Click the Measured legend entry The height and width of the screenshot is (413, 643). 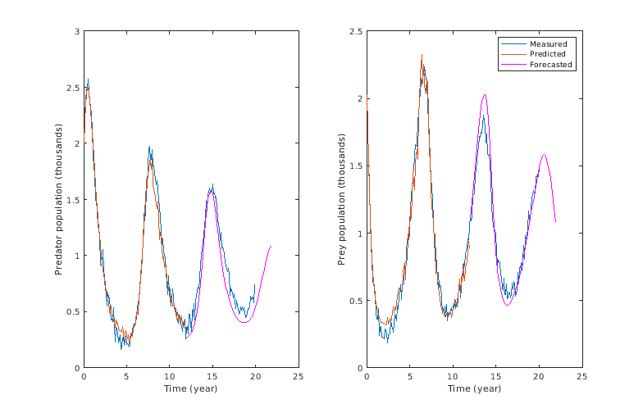pyautogui.click(x=547, y=43)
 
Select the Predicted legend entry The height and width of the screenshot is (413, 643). pyautogui.click(x=547, y=54)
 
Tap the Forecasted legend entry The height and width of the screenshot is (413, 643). pyautogui.click(x=550, y=64)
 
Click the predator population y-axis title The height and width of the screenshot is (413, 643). pyautogui.click(x=59, y=199)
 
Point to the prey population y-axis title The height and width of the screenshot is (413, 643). pyautogui.click(x=342, y=199)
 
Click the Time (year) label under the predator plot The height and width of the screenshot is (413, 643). pyautogui.click(x=190, y=388)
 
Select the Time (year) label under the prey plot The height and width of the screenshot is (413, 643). pyautogui.click(x=474, y=388)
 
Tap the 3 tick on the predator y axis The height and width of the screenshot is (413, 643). pyautogui.click(x=76, y=31)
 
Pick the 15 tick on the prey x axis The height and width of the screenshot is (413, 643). pyautogui.click(x=495, y=376)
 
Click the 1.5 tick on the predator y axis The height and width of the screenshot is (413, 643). pyautogui.click(x=74, y=199)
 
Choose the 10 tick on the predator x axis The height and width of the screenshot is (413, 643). pyautogui.click(x=169, y=376)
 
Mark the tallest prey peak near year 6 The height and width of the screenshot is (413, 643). pyautogui.click(x=422, y=55)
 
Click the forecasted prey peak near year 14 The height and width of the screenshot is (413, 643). pyautogui.click(x=485, y=94)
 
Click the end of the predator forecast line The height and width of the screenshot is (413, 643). pyautogui.click(x=271, y=246)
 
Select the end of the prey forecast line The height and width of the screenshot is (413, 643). pyautogui.click(x=555, y=221)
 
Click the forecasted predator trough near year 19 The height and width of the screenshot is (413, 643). pyautogui.click(x=244, y=322)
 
